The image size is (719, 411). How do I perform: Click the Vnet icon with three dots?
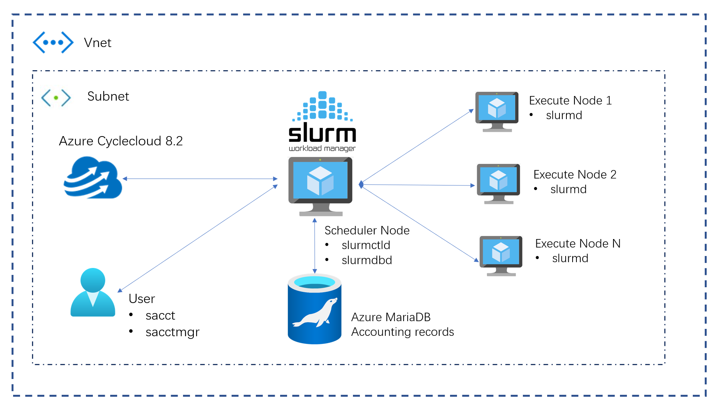pos(53,42)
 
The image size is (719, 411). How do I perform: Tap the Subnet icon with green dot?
pos(56,98)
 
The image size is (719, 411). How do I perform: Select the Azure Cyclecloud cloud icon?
pos(92,178)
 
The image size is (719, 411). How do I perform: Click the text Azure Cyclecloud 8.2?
pos(121,141)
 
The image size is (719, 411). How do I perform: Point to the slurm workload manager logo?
pos(322,121)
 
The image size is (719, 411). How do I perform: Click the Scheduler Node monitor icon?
pos(320,185)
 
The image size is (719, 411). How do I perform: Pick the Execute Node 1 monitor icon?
pos(497,111)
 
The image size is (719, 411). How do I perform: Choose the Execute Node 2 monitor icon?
pos(498,183)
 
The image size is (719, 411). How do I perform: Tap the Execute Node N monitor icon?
pos(501,255)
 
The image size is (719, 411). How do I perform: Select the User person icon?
pos(93,293)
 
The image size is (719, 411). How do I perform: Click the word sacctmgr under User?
pos(172,332)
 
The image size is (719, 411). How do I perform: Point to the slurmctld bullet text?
pos(366,245)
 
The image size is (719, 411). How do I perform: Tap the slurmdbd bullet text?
pos(366,260)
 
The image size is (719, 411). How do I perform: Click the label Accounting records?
pos(402,332)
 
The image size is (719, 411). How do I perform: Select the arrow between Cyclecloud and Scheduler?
pos(200,179)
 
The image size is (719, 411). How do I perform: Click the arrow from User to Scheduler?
pos(198,238)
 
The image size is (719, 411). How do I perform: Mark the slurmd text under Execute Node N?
pos(570,258)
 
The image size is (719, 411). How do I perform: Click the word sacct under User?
pos(160,316)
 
